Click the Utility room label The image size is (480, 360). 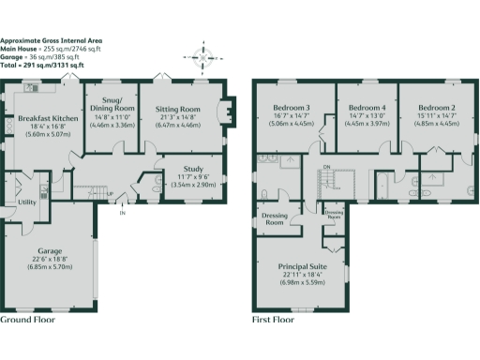(x=27, y=202)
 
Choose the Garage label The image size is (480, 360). (x=50, y=251)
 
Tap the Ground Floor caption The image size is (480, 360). (x=27, y=320)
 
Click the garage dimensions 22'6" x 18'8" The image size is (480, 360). (x=50, y=261)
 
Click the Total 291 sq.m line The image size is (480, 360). (x=41, y=67)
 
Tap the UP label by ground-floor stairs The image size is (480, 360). (x=110, y=195)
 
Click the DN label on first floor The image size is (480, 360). (x=326, y=167)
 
